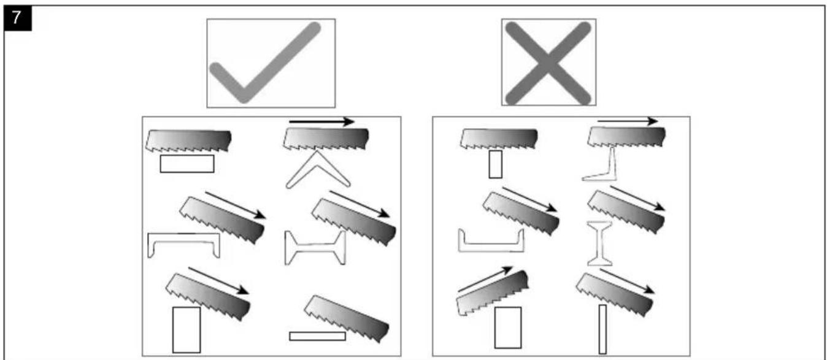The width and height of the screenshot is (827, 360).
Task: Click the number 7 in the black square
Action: click(x=17, y=17)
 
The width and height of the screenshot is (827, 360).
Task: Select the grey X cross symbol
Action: click(x=548, y=63)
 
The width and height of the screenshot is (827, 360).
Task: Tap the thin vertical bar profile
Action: click(x=602, y=329)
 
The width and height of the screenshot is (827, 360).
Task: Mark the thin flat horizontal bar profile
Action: click(x=318, y=336)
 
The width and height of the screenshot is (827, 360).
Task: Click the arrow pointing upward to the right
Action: click(x=485, y=279)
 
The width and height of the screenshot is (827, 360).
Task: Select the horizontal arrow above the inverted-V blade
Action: click(x=321, y=121)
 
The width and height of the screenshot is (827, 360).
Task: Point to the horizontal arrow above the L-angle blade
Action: click(x=628, y=121)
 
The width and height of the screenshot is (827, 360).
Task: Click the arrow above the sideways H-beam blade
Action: click(x=360, y=204)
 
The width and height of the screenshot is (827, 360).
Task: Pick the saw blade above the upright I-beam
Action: click(x=626, y=212)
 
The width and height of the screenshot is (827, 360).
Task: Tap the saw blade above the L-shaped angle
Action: click(x=626, y=137)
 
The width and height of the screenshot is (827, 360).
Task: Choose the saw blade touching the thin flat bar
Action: click(x=347, y=318)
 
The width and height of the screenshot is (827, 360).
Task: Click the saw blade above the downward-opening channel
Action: click(x=222, y=220)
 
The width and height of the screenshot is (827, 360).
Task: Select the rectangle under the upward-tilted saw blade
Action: click(x=508, y=327)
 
